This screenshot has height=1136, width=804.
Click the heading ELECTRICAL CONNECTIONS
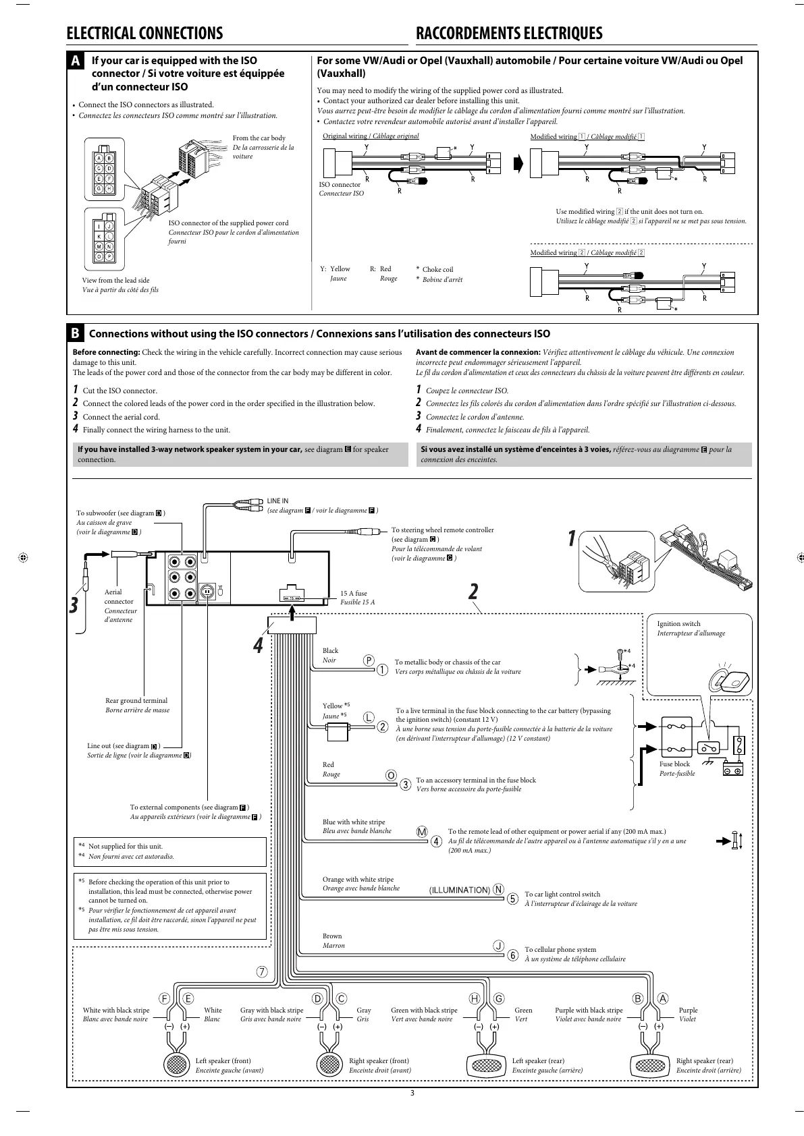144,34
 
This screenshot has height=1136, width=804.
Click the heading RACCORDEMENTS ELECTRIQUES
509,34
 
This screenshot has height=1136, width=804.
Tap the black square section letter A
78,61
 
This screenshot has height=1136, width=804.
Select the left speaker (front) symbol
178,1064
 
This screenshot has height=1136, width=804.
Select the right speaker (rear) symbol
649,1065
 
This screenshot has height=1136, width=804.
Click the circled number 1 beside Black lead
383,671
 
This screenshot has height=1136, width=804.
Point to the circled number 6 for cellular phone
512,955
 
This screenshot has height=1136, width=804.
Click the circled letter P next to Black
369,660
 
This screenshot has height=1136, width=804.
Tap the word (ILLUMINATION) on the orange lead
460,890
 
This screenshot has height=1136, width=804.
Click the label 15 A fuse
354,594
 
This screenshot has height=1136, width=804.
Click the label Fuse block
674,764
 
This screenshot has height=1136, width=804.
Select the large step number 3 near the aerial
74,605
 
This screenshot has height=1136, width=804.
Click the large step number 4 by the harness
257,646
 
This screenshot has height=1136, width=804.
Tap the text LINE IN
277,501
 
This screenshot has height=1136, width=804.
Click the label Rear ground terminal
136,701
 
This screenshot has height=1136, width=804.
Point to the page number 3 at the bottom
412,1094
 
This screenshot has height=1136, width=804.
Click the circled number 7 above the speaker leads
261,972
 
